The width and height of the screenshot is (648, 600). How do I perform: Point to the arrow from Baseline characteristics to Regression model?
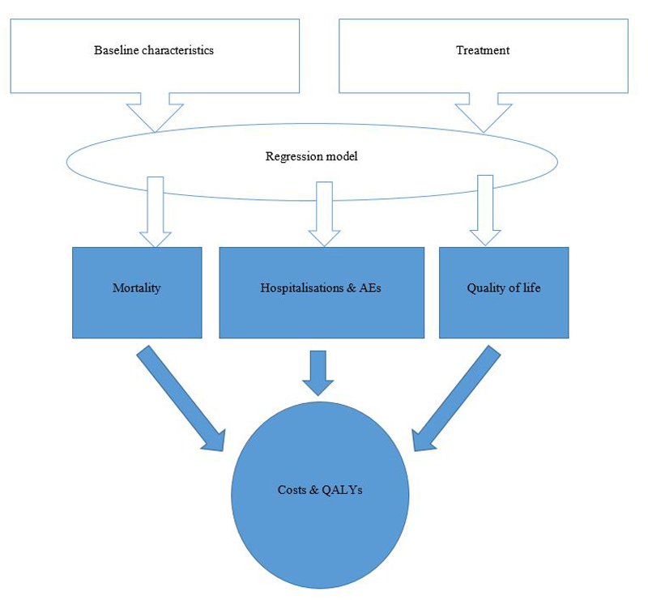tap(155, 112)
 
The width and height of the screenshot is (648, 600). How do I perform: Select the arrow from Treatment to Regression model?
tap(484, 112)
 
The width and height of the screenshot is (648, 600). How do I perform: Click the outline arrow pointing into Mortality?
tap(155, 211)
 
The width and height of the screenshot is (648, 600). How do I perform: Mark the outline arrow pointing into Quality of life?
tap(485, 211)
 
